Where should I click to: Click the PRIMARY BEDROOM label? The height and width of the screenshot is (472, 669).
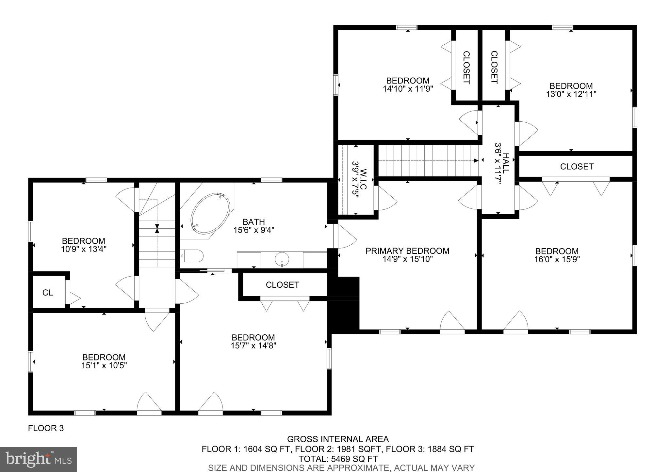(x=407, y=251)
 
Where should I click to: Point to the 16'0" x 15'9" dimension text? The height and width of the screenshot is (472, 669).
(x=557, y=260)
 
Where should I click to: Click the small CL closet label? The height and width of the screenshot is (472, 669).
(x=48, y=293)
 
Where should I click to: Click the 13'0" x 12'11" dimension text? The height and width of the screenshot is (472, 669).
(x=571, y=94)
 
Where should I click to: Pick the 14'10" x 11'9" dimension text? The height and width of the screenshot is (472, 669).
(x=408, y=89)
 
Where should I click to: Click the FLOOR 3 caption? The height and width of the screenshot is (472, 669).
(x=46, y=428)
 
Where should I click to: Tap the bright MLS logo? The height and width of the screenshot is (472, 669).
(x=38, y=459)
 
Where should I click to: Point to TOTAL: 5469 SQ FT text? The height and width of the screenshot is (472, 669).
(x=338, y=459)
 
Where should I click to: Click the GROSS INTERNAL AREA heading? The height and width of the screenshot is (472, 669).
(x=338, y=439)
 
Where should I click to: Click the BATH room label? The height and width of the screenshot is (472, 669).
(x=254, y=222)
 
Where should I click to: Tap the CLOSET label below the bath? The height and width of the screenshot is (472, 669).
(x=282, y=285)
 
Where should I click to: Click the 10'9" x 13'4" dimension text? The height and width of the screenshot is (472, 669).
(x=84, y=249)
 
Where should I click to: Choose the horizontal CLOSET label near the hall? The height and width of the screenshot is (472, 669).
(x=577, y=167)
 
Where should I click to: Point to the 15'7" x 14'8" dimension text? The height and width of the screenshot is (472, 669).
(x=253, y=346)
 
